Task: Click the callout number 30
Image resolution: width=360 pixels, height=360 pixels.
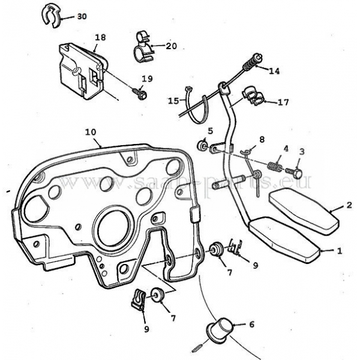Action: click(x=82, y=17)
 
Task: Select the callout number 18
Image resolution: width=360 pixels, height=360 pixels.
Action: click(x=100, y=37)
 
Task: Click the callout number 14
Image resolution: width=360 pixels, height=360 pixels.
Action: click(x=274, y=71)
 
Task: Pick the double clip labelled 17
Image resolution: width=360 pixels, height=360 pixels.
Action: click(x=254, y=95)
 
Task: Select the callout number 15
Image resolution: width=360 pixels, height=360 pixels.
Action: click(x=173, y=101)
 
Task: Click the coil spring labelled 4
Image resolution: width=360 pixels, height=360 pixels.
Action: click(x=275, y=167)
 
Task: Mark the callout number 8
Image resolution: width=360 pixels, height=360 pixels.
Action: click(x=262, y=139)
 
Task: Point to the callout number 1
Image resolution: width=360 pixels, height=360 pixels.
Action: click(x=340, y=251)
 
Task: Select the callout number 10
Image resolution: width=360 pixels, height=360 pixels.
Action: click(x=91, y=132)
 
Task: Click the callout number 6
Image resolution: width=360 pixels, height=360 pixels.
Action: click(x=251, y=325)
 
